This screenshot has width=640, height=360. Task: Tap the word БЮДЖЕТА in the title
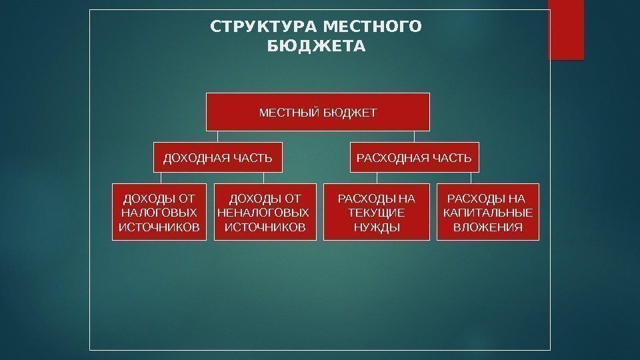(316, 47)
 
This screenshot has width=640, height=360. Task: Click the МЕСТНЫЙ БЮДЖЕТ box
(317, 111)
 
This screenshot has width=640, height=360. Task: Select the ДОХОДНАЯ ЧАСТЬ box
(218, 158)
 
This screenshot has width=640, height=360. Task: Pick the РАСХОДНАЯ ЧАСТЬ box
(414, 158)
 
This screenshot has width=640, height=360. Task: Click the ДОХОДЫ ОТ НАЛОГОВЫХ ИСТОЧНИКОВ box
(159, 212)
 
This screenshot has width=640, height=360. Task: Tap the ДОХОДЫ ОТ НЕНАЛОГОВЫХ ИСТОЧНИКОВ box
(265, 212)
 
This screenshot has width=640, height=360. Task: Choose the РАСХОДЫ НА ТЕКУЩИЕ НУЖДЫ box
(376, 212)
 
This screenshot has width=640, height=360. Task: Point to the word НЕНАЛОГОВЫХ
(264, 213)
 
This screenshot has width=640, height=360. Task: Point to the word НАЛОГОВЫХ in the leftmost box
(159, 213)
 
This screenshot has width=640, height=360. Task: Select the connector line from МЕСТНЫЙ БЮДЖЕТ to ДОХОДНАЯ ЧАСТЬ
(218, 136)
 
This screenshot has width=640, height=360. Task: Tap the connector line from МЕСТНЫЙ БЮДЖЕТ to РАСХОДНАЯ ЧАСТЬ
(414, 136)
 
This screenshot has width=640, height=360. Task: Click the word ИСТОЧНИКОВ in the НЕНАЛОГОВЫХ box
(265, 227)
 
